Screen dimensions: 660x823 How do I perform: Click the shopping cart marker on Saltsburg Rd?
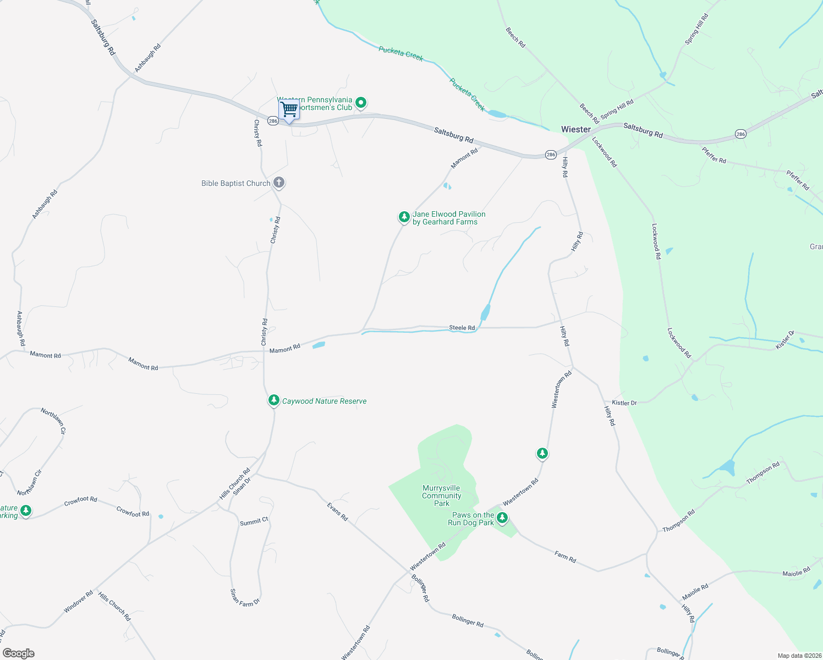[289, 109]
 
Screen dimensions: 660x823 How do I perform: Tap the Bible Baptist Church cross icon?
[279, 183]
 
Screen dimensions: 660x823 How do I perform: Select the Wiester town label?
[575, 129]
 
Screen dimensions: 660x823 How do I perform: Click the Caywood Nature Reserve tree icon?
[273, 400]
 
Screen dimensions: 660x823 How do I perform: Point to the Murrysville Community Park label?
[441, 496]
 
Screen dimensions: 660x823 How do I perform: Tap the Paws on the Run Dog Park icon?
[502, 518]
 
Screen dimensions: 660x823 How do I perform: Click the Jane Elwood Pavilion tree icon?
[404, 217]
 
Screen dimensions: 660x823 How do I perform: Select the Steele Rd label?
[462, 328]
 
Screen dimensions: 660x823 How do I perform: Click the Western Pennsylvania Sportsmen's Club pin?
[361, 102]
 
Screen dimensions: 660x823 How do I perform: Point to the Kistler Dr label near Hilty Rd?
[624, 403]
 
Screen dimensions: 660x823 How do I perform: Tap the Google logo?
[18, 653]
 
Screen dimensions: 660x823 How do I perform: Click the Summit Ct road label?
[254, 521]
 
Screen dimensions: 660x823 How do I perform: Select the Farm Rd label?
[565, 557]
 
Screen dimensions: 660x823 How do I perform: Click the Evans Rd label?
[337, 512]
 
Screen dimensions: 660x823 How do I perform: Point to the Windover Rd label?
[78, 602]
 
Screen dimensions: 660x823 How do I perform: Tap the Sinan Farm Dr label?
[244, 598]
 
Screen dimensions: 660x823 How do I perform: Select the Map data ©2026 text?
[799, 656]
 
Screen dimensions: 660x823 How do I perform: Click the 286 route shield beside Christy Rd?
[273, 121]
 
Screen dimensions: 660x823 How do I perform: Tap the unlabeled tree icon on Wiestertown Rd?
[542, 453]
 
